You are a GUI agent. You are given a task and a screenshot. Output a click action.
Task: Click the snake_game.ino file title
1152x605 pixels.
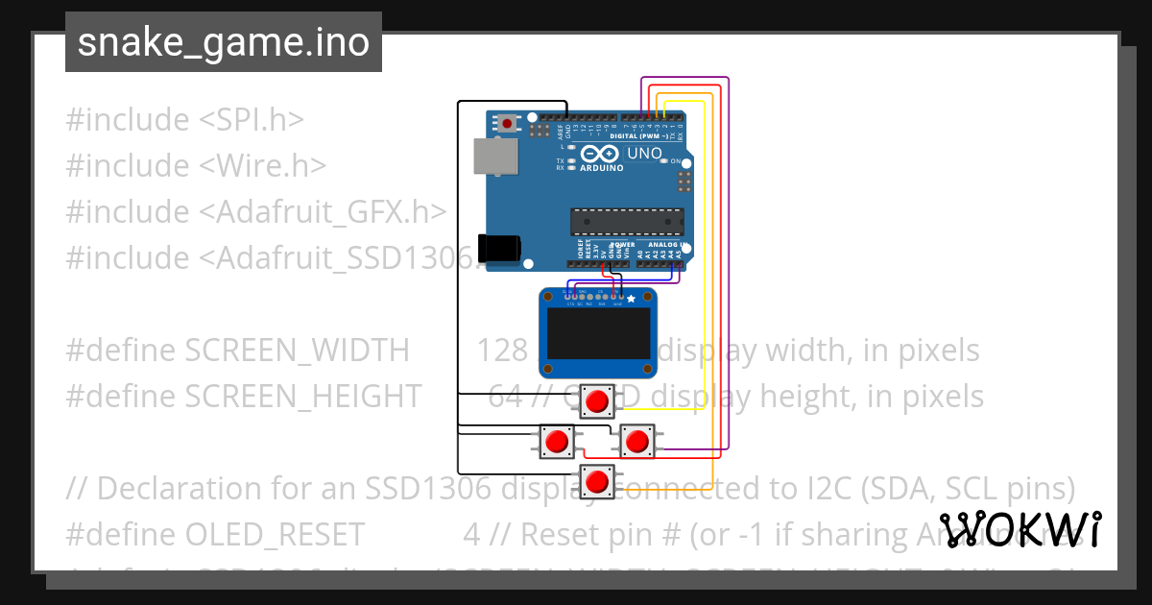[x=223, y=42]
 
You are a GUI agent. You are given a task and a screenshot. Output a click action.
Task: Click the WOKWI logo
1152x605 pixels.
[x=1020, y=529]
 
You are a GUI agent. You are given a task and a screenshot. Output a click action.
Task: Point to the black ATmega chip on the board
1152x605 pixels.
[x=627, y=221]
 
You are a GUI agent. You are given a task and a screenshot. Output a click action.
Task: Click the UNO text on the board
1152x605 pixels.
[x=644, y=154]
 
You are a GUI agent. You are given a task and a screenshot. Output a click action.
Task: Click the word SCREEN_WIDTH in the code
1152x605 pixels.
[x=297, y=351]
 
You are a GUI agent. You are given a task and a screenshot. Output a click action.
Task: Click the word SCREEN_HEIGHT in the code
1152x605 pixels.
[x=302, y=396]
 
